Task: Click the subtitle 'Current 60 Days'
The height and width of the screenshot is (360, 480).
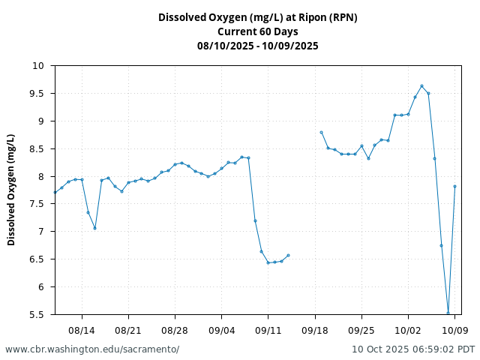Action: point(257,31)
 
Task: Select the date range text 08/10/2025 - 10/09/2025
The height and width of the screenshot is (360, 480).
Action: point(257,46)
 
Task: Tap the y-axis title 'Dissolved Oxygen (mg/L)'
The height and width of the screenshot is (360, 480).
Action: point(11,190)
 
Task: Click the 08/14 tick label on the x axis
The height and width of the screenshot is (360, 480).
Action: point(82,330)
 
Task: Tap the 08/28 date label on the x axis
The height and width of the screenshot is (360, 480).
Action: point(175,330)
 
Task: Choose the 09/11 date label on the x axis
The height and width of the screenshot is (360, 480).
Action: point(268,330)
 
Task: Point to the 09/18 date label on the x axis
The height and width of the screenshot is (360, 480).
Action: point(315,330)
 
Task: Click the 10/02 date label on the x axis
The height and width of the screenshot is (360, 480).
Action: point(408,330)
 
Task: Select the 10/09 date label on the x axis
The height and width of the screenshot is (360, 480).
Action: point(454,330)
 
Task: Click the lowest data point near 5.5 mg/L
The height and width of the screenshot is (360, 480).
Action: point(448,313)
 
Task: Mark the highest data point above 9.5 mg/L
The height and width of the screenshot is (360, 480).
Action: point(421,85)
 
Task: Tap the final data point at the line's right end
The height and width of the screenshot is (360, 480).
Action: point(454,186)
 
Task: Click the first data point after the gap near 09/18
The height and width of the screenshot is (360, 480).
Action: point(321,132)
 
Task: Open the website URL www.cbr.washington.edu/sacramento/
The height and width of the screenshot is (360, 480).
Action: point(92,349)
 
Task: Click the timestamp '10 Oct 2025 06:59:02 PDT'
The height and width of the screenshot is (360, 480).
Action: point(413,349)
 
